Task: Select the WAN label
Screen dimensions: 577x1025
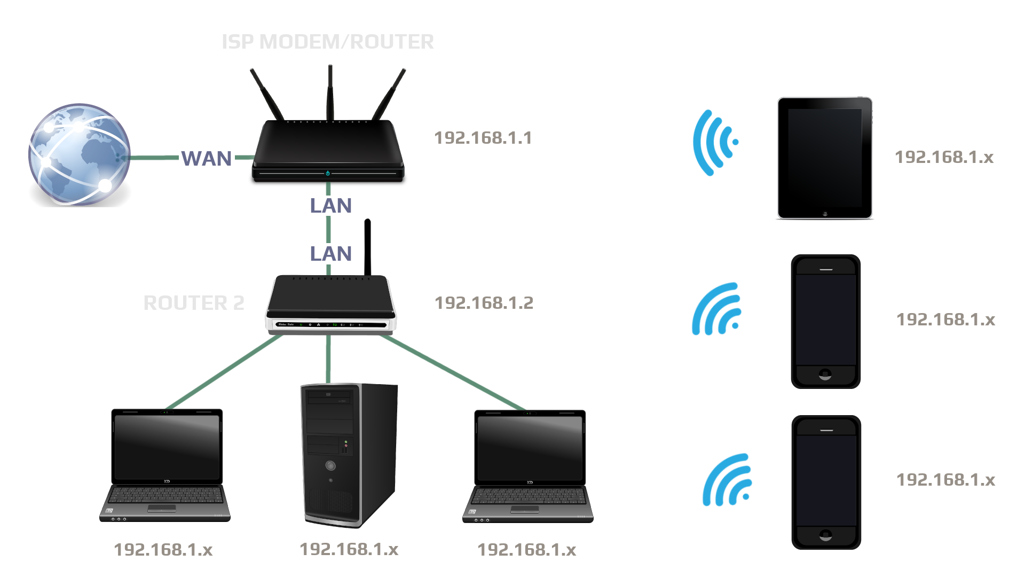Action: tap(207, 158)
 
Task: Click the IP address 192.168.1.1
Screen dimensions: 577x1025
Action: tap(483, 138)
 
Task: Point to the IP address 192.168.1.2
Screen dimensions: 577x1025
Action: tap(484, 303)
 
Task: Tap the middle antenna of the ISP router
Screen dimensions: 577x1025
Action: tap(330, 91)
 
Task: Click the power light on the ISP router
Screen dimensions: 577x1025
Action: tap(328, 173)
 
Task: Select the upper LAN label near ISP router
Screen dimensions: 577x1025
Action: tap(331, 206)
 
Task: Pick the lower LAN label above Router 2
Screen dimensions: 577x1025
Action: tap(331, 254)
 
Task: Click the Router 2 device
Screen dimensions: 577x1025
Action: tap(331, 305)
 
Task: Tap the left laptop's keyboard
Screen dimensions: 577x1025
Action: tap(165, 496)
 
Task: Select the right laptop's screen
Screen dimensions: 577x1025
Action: tap(530, 448)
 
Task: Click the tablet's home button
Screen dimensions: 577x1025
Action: tap(825, 213)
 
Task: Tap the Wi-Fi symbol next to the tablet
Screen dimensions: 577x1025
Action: tap(714, 143)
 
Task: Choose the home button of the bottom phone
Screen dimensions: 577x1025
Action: tap(825, 535)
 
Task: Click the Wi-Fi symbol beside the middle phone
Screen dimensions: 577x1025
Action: tap(717, 310)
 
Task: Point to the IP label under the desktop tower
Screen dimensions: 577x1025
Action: tap(349, 549)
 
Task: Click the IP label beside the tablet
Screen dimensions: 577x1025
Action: tap(944, 157)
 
